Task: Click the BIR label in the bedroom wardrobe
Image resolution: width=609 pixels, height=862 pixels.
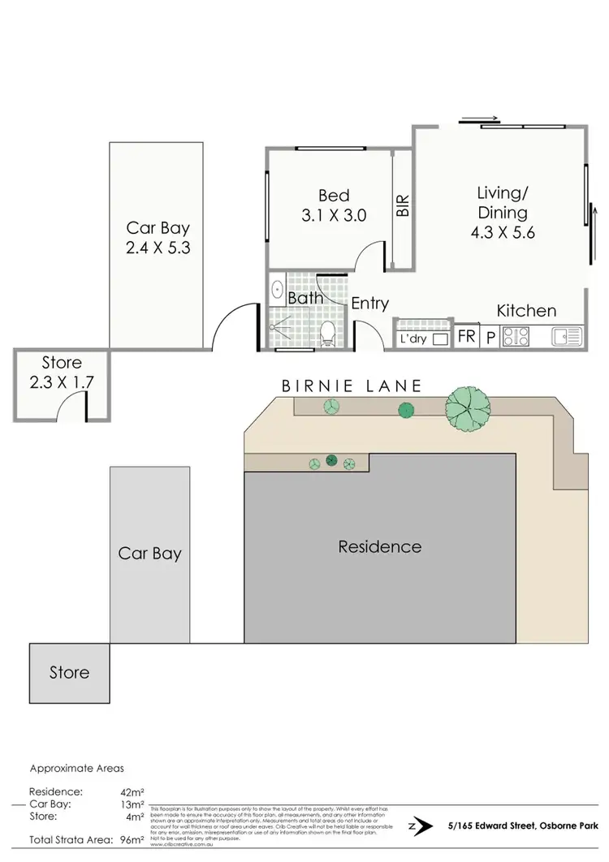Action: pyautogui.click(x=402, y=206)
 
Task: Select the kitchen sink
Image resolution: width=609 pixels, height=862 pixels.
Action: pyautogui.click(x=566, y=334)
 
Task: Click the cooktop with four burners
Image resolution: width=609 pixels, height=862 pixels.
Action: pyautogui.click(x=516, y=335)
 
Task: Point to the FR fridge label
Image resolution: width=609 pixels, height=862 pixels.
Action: pyautogui.click(x=466, y=335)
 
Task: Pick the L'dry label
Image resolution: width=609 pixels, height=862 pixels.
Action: pyautogui.click(x=413, y=339)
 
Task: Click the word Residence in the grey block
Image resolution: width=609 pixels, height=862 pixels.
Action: pyautogui.click(x=380, y=546)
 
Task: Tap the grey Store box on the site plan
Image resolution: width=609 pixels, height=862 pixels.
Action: pyautogui.click(x=69, y=673)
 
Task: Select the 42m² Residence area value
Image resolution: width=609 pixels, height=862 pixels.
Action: pyautogui.click(x=131, y=791)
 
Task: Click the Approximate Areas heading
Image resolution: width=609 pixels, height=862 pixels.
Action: pyautogui.click(x=77, y=767)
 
